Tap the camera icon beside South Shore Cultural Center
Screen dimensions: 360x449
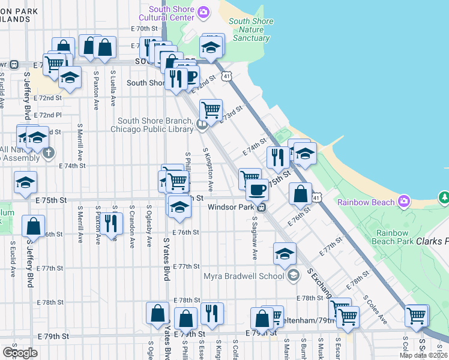(x=203, y=11)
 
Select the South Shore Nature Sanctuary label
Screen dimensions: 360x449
(x=251, y=30)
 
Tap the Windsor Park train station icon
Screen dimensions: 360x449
(x=262, y=207)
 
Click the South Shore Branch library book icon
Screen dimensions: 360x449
(x=202, y=125)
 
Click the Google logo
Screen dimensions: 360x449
(x=20, y=352)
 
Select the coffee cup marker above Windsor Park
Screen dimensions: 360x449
(x=257, y=189)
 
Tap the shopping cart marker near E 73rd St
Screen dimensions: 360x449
(x=211, y=110)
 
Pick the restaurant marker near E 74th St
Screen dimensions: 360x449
(x=277, y=157)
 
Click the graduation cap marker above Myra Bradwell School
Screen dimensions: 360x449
(x=285, y=253)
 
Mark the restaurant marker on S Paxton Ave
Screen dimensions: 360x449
(x=110, y=223)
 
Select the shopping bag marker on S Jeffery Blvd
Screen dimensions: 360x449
(x=33, y=226)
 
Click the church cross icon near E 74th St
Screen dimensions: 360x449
(x=49, y=152)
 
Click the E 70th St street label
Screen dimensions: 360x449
(x=143, y=29)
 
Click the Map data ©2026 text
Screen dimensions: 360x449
(x=423, y=355)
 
